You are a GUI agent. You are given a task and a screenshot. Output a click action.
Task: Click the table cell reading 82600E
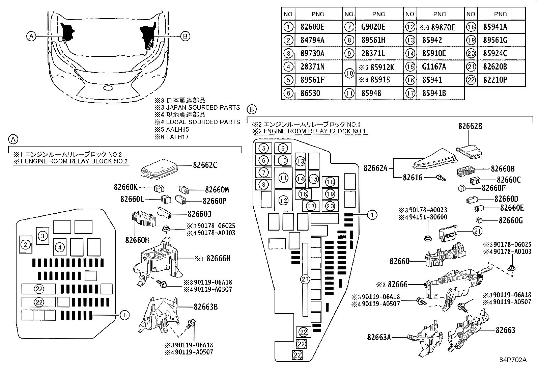[x=312, y=27]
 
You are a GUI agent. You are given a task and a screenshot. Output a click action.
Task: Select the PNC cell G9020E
[x=373, y=27]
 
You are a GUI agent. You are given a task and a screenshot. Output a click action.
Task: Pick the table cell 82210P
[x=495, y=80]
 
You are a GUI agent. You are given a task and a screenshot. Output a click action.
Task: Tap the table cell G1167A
[x=434, y=67]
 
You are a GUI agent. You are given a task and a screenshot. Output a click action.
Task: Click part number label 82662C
[x=205, y=165]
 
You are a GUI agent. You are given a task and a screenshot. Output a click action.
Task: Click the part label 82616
[x=412, y=177]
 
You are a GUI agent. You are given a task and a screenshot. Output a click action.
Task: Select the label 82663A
[x=379, y=337]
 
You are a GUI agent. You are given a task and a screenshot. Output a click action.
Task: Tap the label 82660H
[x=137, y=240]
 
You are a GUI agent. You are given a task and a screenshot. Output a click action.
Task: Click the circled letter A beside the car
[x=31, y=36]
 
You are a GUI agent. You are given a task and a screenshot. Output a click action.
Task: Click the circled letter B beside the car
[x=186, y=36]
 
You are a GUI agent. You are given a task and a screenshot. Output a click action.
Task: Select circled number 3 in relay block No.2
[x=43, y=236]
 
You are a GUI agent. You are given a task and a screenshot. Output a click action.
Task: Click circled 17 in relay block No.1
[x=311, y=206]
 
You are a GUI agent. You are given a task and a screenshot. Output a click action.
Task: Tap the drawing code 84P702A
[x=513, y=360]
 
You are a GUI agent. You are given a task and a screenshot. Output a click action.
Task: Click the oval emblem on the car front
[x=108, y=87]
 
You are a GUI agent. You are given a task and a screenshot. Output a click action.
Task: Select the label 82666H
[x=218, y=259]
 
